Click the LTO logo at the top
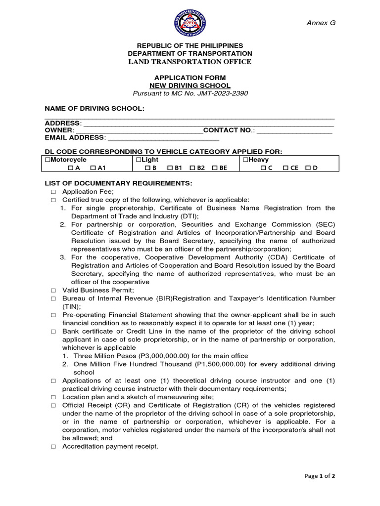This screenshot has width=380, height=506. coord(190,25)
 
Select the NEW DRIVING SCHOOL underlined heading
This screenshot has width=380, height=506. coord(190,85)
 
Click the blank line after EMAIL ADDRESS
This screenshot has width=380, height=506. coord(163,137)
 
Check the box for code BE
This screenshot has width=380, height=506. coord(215,168)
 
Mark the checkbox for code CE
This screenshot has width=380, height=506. coord(286,168)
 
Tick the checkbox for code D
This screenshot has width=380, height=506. coord(308,168)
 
